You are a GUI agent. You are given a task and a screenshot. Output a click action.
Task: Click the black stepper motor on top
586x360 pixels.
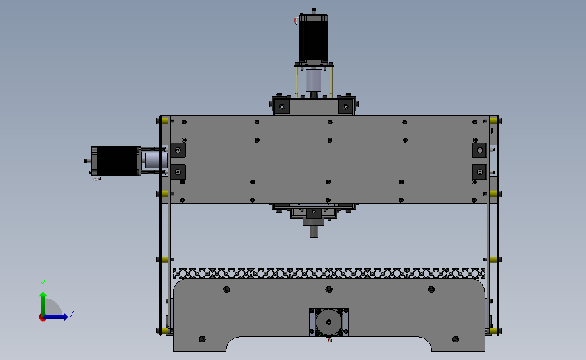pyautogui.click(x=314, y=38)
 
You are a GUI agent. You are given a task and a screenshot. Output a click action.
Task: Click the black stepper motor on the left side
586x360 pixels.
pyautogui.click(x=116, y=161)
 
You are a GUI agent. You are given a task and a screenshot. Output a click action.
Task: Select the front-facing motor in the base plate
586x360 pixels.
pyautogui.click(x=329, y=322)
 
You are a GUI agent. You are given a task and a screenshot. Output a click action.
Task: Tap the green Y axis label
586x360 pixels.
pyautogui.click(x=43, y=284)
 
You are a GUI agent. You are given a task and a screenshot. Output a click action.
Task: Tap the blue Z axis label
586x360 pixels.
pyautogui.click(x=72, y=313)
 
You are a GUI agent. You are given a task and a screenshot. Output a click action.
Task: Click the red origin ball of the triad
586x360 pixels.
pyautogui.click(x=42, y=318)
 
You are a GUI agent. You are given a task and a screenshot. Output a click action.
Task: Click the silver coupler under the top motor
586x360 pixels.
pyautogui.click(x=314, y=80)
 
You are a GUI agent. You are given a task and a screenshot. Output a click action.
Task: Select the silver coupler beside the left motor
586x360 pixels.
pyautogui.click(x=155, y=161)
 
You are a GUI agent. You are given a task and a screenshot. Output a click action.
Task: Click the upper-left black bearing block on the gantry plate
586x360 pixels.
pyautogui.click(x=178, y=150)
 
